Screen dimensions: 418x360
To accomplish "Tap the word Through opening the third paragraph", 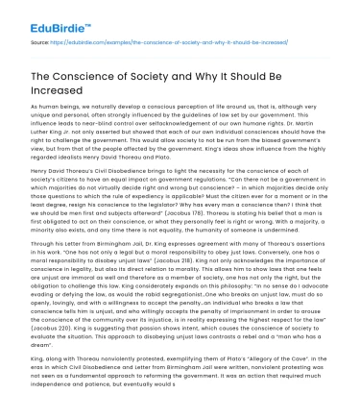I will coord(44,271).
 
